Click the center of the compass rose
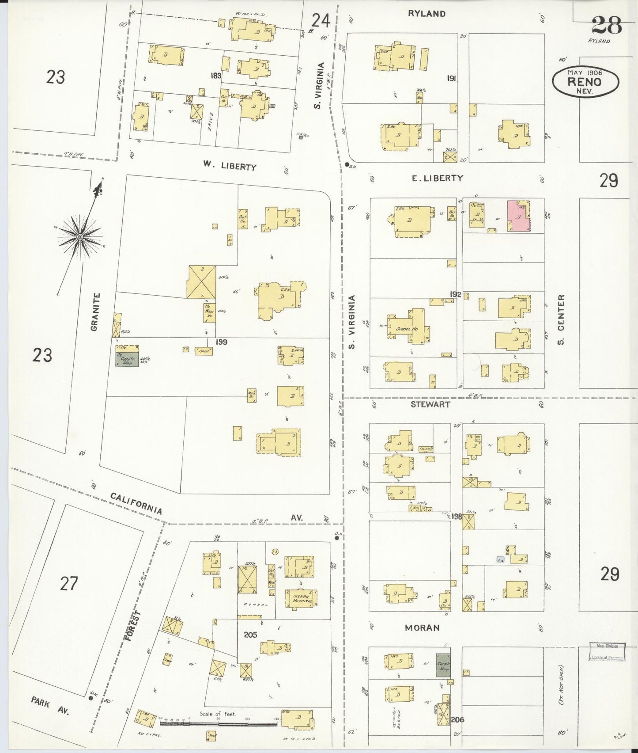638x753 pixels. point(80,237)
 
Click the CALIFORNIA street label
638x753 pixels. point(136,503)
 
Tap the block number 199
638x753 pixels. point(221,342)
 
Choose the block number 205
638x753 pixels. point(250,635)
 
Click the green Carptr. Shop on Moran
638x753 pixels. point(443,665)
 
